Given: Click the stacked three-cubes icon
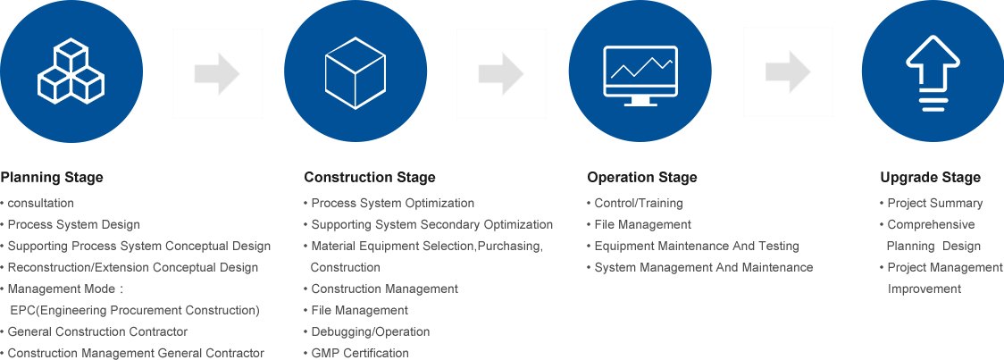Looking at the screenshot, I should (x=71, y=71).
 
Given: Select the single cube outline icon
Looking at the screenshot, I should (x=356, y=73).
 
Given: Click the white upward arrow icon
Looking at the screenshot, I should (x=933, y=72).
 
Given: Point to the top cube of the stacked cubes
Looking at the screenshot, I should (x=71, y=54).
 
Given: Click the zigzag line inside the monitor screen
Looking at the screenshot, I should (x=640, y=67).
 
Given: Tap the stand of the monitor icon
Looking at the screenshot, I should (x=640, y=100).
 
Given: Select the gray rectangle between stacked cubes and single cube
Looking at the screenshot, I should (x=217, y=73).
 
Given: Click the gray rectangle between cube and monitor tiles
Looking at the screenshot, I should (x=501, y=73).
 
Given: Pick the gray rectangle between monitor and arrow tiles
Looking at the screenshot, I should (x=788, y=71).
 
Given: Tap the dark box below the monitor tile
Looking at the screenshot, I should (x=699, y=235).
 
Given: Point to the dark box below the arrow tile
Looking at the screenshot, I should (x=941, y=246).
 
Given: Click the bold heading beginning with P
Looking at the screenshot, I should (x=52, y=178).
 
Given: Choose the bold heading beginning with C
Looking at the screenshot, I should (x=370, y=178).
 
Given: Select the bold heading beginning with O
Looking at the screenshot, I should (x=641, y=178).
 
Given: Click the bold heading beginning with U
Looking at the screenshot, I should (x=930, y=178).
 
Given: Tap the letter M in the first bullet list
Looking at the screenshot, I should (x=10, y=289).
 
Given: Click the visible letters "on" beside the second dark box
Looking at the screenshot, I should (x=547, y=225).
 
